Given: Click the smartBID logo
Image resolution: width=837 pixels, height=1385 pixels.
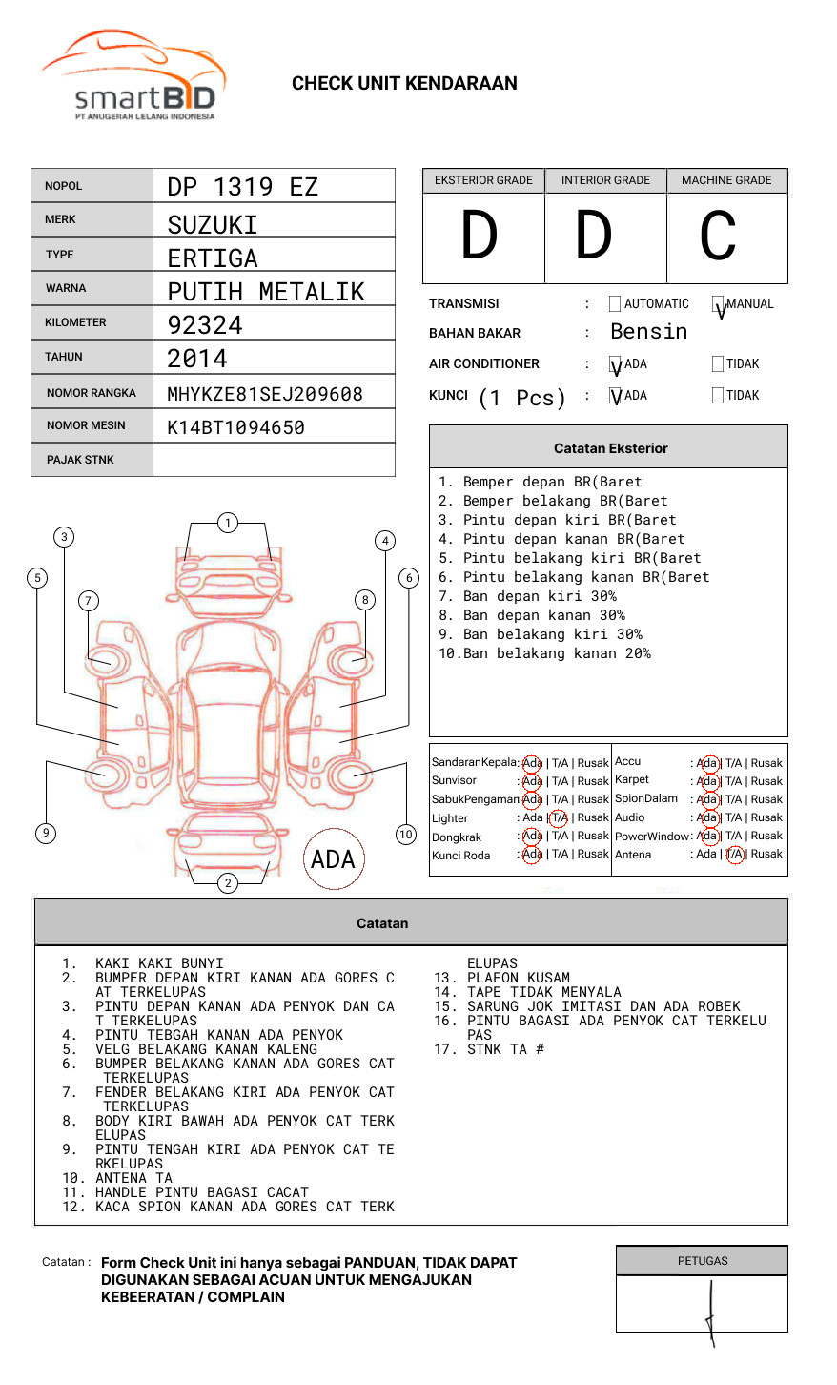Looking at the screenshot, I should [x=133, y=76].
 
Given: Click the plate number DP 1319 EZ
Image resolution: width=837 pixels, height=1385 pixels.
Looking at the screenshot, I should [x=242, y=187].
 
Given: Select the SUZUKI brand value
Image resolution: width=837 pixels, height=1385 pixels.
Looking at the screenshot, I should [x=213, y=225].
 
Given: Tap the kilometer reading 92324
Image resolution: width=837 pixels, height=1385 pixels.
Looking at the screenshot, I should [x=205, y=325].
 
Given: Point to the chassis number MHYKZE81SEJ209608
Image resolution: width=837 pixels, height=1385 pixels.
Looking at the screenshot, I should [x=265, y=394].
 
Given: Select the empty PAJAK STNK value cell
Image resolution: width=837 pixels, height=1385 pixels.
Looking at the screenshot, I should [x=274, y=460].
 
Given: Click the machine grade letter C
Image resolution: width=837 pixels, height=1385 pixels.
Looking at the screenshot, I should [x=718, y=236].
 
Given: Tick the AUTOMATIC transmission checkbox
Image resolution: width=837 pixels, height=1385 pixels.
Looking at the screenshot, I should [x=615, y=304].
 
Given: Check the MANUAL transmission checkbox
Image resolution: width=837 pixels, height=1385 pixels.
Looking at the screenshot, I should [x=718, y=304].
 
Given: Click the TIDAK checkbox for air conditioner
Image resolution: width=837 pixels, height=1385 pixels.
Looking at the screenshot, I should [x=718, y=364].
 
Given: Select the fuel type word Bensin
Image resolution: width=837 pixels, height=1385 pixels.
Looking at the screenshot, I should [x=648, y=332].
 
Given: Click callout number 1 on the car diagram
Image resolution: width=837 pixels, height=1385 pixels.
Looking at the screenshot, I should [x=227, y=523].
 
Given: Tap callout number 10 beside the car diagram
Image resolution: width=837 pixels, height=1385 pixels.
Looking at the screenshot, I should [x=406, y=835].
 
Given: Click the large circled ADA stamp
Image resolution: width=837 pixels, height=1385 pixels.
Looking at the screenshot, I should [x=333, y=859].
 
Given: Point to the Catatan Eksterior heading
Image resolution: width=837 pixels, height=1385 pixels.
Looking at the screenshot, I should [x=610, y=448].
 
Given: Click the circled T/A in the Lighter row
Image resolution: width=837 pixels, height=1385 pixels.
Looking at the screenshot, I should [x=559, y=817].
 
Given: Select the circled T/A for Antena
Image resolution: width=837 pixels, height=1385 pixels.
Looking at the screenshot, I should [x=734, y=855].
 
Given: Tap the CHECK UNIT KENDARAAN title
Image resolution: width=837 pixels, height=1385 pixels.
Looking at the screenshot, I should [x=404, y=84].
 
